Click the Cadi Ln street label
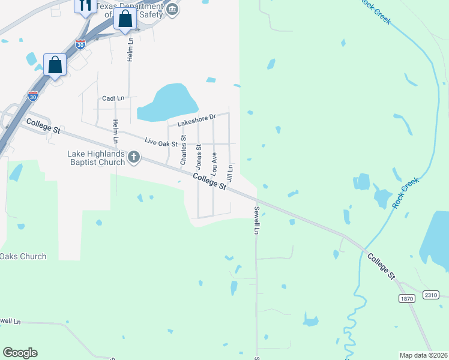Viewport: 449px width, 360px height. pos(113,98)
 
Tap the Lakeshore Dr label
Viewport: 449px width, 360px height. pos(196,120)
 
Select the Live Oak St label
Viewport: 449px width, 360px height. pos(161,142)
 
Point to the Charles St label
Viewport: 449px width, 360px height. pos(184,151)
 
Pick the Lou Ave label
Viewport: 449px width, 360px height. pos(214,162)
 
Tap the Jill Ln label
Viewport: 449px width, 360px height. pos(229,173)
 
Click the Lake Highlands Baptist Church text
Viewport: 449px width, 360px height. pos(96,158)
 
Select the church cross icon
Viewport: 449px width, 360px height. pos(133,158)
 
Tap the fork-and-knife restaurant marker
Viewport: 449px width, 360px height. pos(84,5)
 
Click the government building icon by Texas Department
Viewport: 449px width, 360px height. pos(172,8)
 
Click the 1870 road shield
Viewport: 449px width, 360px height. pos(406,298)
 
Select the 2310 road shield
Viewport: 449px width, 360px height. pos(430,295)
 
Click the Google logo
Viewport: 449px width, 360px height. pos(20,353)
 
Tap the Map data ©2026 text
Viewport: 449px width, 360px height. pos(423,355)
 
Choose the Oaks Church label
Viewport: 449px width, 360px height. pos(23,257)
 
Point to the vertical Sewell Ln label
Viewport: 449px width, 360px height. pos(256,220)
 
